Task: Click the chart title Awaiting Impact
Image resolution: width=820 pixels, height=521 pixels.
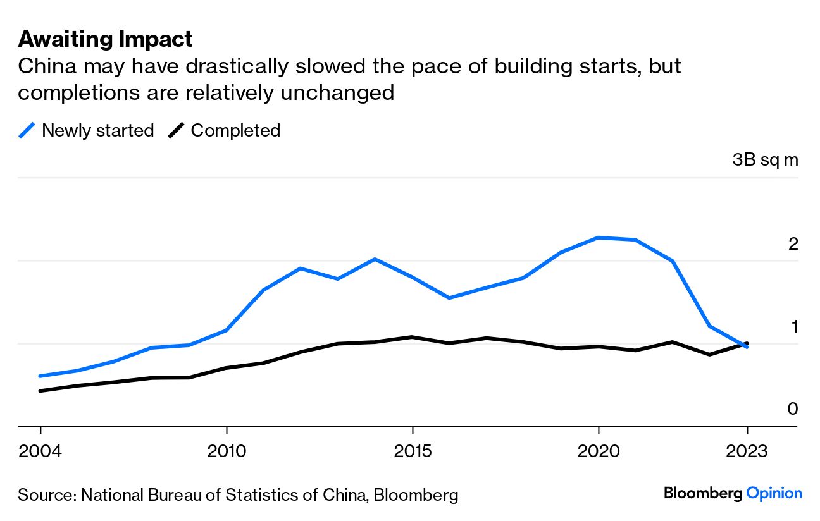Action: [105, 39]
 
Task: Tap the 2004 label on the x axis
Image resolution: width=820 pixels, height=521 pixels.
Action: [40, 453]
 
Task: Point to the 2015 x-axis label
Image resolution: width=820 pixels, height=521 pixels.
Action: [413, 453]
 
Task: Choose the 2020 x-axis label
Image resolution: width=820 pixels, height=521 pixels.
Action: [599, 453]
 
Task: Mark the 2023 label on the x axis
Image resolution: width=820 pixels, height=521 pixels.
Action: [747, 453]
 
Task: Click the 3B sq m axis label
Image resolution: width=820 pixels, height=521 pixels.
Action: [766, 160]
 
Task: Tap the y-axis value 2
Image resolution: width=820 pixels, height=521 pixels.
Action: [793, 244]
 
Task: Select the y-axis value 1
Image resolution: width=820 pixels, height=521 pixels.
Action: [793, 327]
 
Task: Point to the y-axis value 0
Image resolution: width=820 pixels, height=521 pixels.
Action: [793, 409]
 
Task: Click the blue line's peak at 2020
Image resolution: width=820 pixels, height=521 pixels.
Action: [599, 238]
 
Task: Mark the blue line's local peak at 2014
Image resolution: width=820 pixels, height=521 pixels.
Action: [375, 259]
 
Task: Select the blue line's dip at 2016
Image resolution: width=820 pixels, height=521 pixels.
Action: [449, 298]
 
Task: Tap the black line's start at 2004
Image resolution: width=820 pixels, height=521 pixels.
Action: [40, 391]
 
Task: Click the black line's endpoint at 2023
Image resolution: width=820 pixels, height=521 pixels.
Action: [747, 343]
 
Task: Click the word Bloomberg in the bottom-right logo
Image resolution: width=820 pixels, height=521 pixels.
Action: [703, 493]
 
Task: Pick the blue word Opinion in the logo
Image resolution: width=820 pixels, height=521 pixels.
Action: [774, 493]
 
